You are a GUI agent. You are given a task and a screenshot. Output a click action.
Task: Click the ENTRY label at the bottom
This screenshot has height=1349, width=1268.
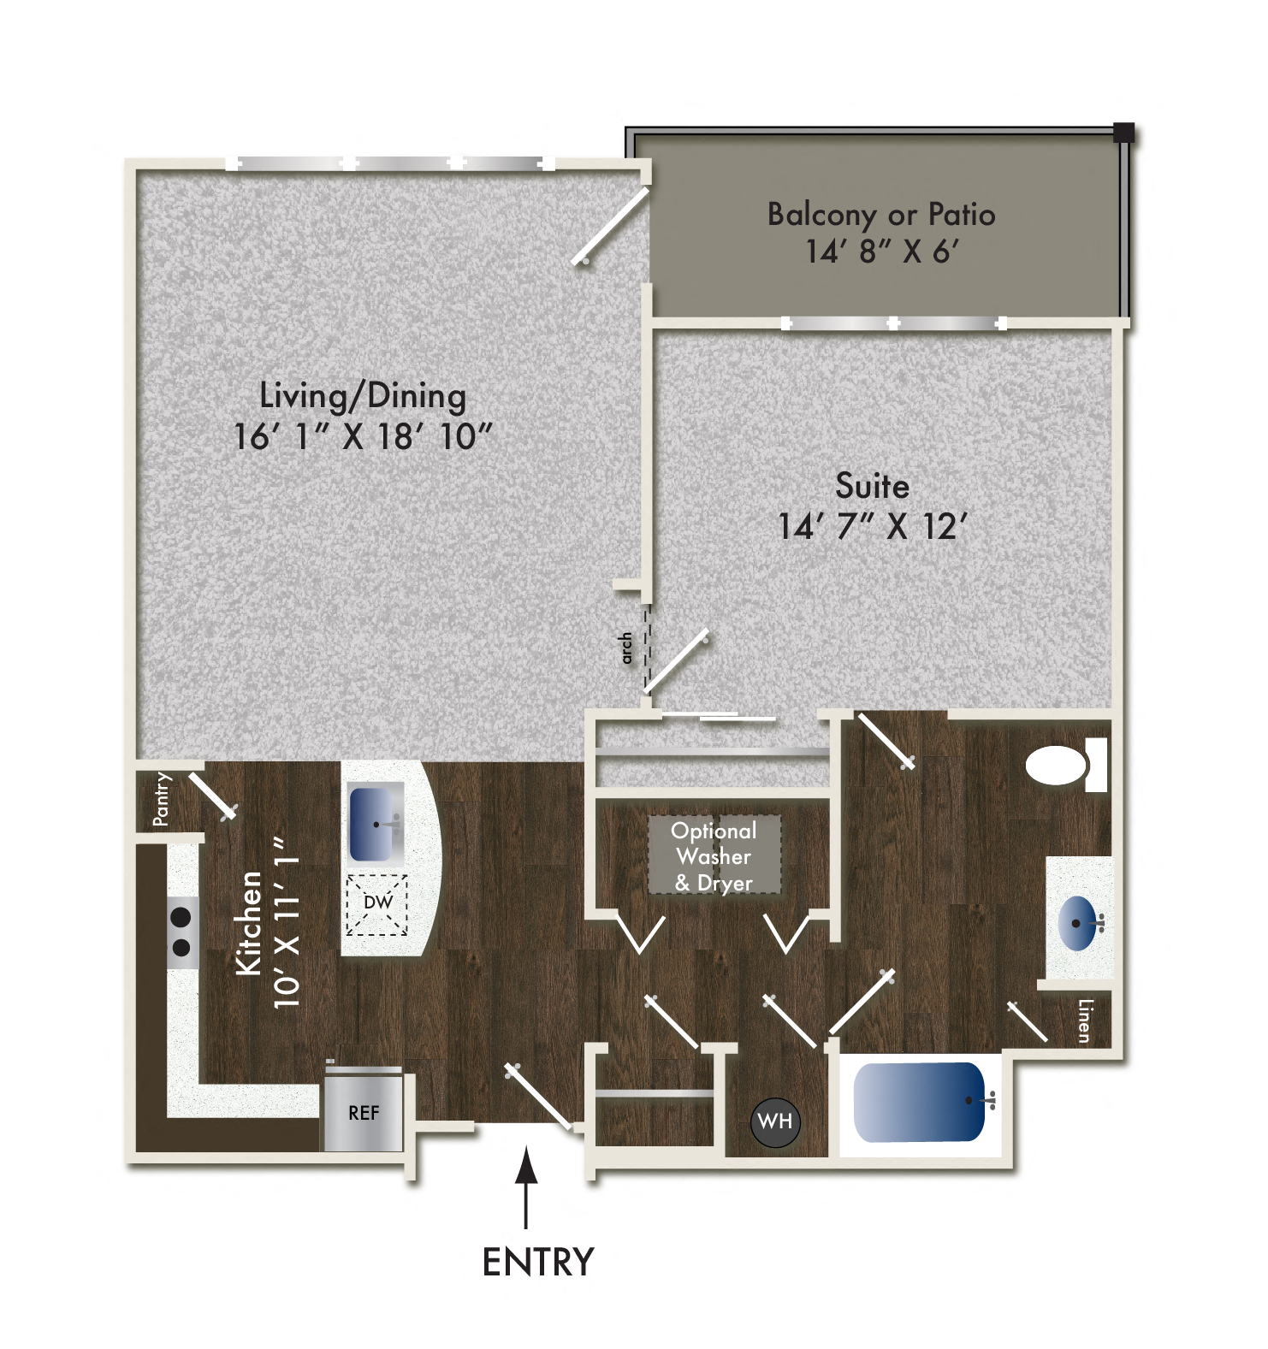537,1262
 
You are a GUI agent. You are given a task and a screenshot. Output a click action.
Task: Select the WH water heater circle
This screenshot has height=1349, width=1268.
775,1121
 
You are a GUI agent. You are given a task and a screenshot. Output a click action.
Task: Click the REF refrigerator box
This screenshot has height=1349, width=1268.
364,1112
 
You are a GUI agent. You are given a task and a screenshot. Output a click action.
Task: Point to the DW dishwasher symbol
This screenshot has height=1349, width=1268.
377,903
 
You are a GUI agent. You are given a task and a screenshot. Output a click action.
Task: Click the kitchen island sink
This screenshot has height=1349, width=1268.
376,824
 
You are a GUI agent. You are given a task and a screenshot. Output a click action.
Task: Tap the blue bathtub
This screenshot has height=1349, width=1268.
920,1102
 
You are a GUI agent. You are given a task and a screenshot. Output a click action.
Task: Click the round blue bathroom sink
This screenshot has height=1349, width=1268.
1079,922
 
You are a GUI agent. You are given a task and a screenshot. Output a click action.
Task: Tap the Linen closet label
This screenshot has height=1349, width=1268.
1084,1021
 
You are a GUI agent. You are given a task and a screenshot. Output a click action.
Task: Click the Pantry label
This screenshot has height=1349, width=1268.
161,799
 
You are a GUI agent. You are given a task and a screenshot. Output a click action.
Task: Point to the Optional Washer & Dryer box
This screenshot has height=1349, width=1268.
714,856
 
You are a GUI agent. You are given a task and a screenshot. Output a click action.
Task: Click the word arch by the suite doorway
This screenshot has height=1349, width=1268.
626,648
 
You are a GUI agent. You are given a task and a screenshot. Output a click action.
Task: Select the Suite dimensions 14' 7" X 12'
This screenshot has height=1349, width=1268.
872,526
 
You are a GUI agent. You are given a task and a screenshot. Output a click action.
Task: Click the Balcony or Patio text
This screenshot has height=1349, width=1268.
880,215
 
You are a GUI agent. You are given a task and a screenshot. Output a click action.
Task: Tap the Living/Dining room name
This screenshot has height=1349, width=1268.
363,396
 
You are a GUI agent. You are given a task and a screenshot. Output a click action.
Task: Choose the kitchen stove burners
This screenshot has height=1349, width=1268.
181,932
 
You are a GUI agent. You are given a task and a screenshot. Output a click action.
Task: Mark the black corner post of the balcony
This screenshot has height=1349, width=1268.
1123,133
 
